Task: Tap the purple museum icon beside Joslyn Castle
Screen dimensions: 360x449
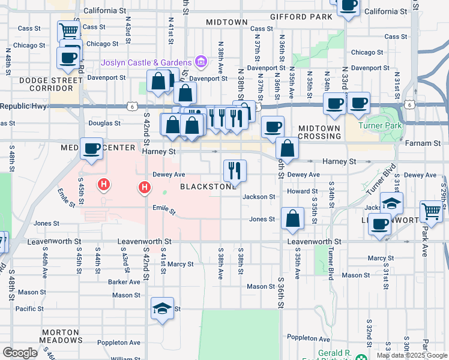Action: pyautogui.click(x=200, y=62)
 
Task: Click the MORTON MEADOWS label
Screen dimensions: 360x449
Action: pyautogui.click(x=60, y=336)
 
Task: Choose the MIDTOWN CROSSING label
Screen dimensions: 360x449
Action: pyautogui.click(x=320, y=132)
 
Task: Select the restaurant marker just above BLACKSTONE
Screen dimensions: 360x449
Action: pyautogui.click(x=234, y=170)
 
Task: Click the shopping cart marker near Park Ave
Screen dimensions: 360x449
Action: pyautogui.click(x=431, y=211)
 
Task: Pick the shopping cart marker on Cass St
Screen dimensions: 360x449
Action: pyautogui.click(x=69, y=31)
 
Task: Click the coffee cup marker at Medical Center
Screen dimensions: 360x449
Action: pyautogui.click(x=92, y=149)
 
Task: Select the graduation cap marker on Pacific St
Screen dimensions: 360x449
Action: pyautogui.click(x=161, y=310)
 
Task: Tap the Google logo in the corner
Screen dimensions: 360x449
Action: pyautogui.click(x=20, y=353)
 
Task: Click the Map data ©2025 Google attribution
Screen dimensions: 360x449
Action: pyautogui.click(x=412, y=355)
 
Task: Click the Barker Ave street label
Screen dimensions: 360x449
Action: pyautogui.click(x=124, y=281)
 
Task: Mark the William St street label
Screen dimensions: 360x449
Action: pyautogui.click(x=125, y=358)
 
